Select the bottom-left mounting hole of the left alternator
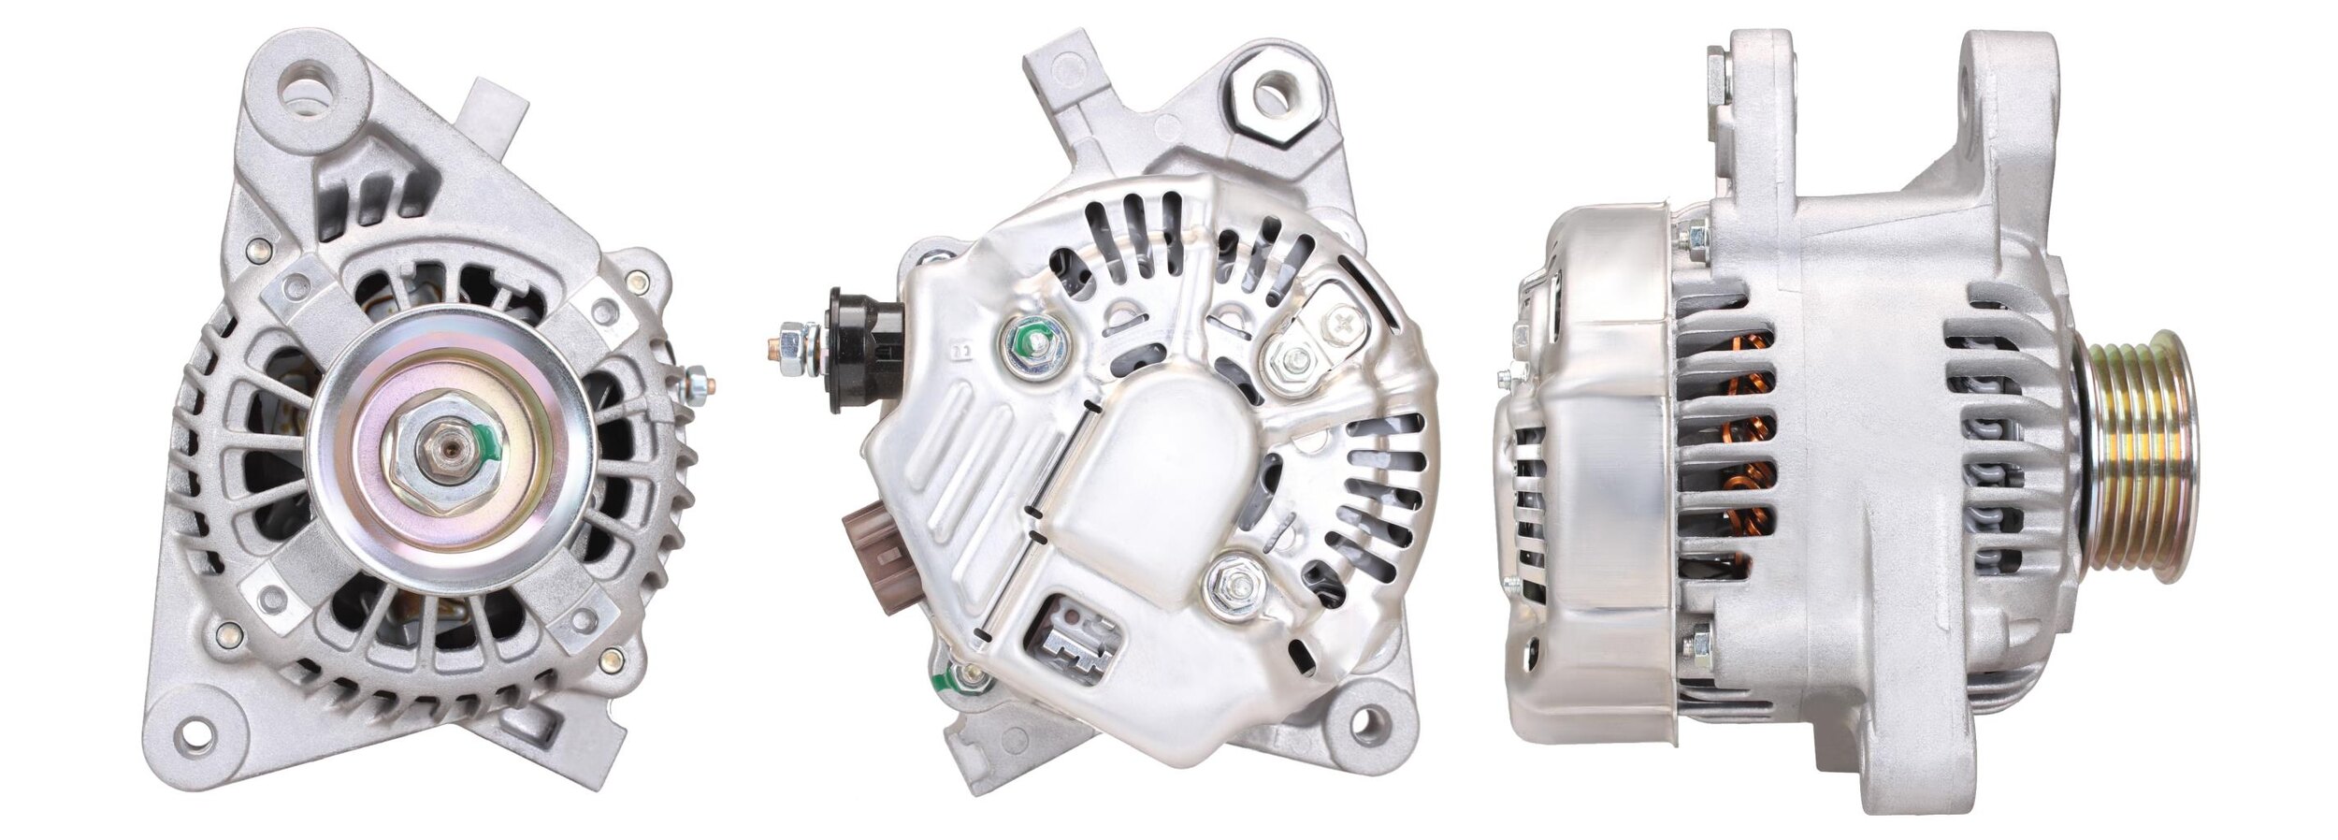pyautogui.click(x=194, y=733)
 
